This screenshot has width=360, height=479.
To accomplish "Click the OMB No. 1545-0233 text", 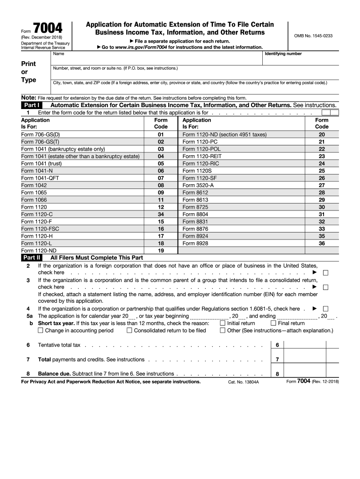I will pos(313,36).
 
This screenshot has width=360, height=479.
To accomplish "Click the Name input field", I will pos(157,59).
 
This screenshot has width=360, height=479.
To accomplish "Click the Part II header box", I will pos(31,257).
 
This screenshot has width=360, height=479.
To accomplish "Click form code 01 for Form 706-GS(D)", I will pos(161,135).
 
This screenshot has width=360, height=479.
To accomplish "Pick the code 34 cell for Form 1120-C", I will pos(161,214).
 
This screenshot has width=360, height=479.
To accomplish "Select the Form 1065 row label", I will pos(34,192).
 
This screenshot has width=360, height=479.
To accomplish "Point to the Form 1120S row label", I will pos(197,171).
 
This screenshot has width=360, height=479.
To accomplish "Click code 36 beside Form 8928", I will pos(322,243).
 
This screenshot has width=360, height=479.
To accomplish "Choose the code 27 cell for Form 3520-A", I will pos(322,185).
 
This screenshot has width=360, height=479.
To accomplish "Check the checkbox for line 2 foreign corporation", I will pos(326,273).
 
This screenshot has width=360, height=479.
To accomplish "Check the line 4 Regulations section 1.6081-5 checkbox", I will pos(326,309).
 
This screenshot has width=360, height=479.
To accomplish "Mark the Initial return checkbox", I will pos(223,323).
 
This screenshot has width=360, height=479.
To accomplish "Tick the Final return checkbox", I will pos(274,323).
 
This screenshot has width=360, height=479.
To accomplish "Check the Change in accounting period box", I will pos(41,331).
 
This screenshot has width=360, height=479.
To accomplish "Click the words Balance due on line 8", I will pos(54,374).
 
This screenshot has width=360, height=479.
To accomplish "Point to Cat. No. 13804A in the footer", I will pos(243,382).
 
